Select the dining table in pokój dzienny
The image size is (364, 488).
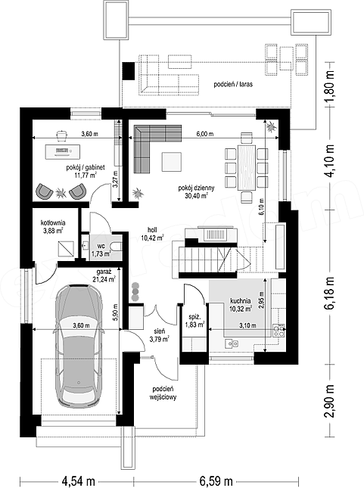pos(247,167)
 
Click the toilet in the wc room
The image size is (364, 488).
pos(117,246)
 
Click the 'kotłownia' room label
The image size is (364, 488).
pos(53,223)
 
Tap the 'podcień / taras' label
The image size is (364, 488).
pos(233,84)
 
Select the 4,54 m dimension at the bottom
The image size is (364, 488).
pos(79,481)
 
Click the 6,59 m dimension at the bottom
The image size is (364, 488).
pos(216,481)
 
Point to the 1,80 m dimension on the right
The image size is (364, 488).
pos(329,85)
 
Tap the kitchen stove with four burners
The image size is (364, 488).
pos(278,330)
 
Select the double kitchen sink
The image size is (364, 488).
pos(232,343)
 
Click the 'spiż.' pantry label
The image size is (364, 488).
pos(195,317)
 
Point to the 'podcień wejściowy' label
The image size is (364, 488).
pos(163,393)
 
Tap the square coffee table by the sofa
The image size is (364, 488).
pos(171,161)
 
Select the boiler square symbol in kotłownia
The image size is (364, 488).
pos(66,248)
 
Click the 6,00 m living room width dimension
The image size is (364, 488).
pos(204,134)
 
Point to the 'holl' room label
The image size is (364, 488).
pos(152,230)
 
